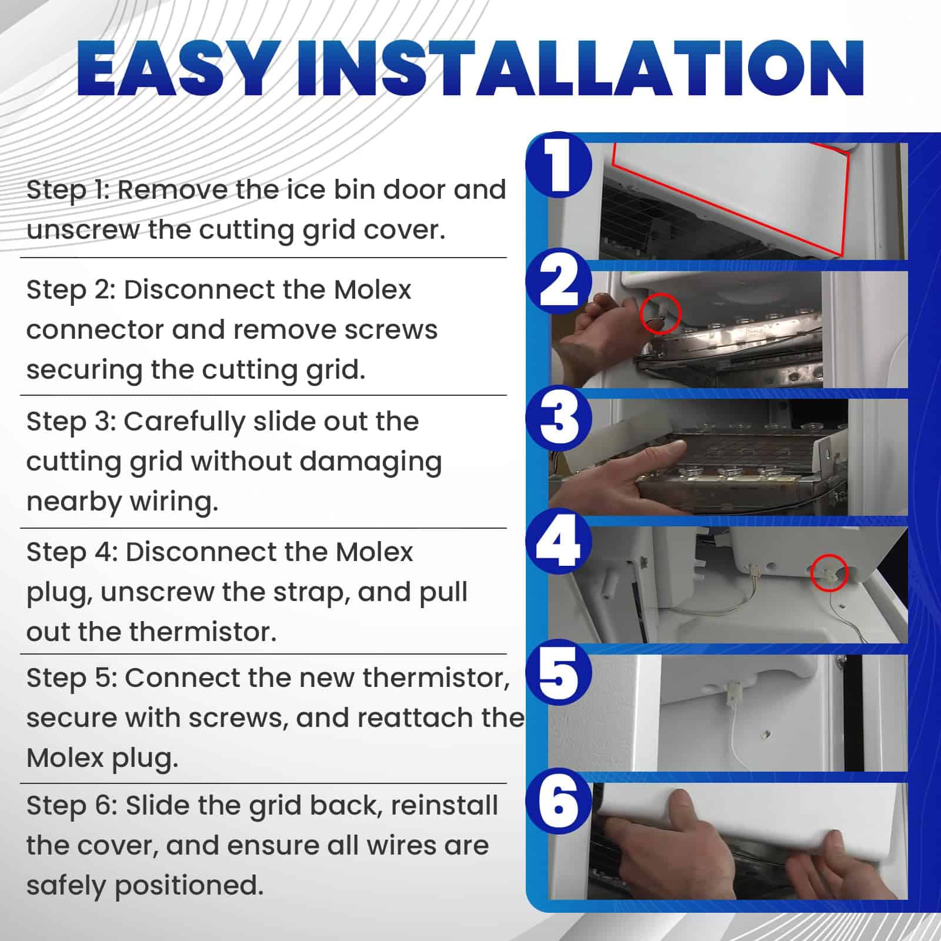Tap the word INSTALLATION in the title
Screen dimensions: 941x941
click(x=580, y=68)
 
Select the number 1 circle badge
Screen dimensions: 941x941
click(x=559, y=165)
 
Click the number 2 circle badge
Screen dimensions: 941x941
click(x=559, y=282)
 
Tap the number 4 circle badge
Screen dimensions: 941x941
click(x=559, y=542)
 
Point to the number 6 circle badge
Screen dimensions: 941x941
click(x=559, y=803)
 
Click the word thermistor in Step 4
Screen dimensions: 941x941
click(x=202, y=632)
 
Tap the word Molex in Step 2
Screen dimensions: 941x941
click(x=372, y=289)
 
